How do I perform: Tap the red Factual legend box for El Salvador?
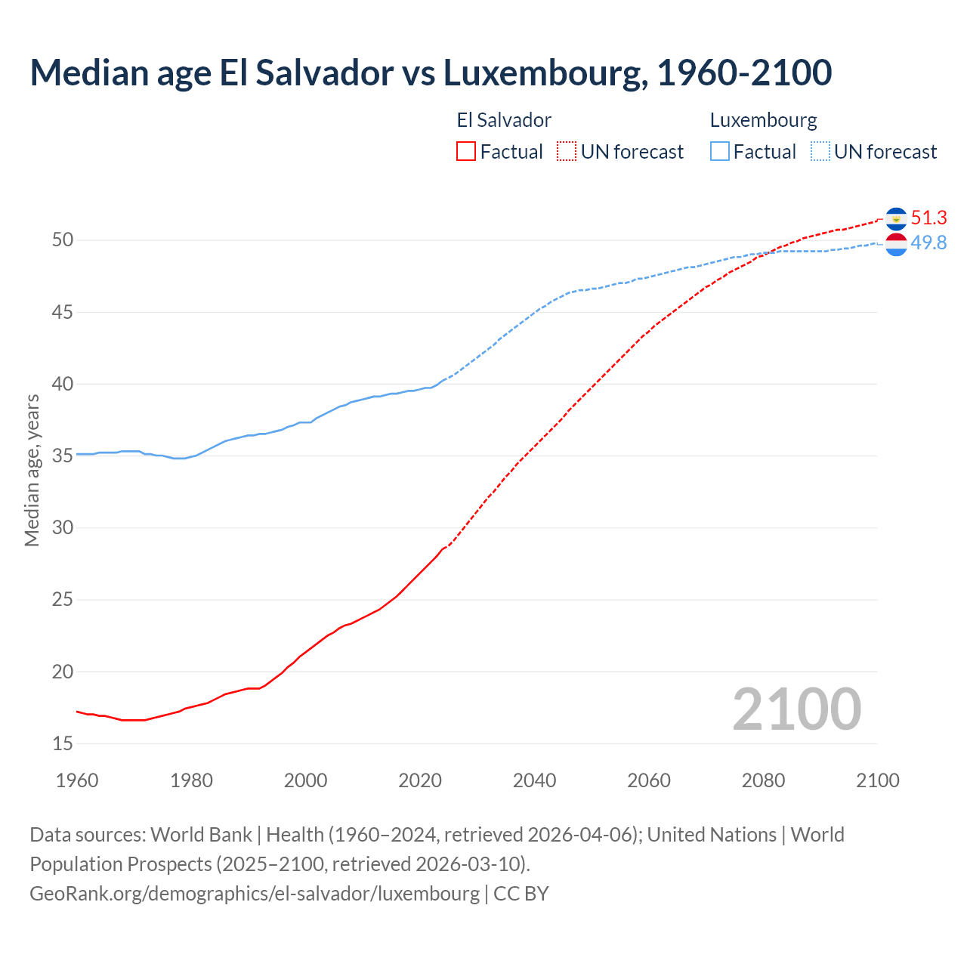click(x=466, y=151)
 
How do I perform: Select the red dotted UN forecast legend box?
click(x=567, y=151)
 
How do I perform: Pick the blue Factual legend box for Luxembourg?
click(x=720, y=151)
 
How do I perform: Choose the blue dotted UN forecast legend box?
click(x=820, y=151)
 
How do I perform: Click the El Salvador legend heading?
click(x=504, y=120)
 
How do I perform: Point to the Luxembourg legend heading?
click(x=763, y=120)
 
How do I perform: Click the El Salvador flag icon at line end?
click(x=896, y=218)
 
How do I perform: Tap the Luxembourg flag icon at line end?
click(x=896, y=244)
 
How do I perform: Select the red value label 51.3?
click(x=928, y=218)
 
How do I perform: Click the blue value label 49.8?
click(x=928, y=243)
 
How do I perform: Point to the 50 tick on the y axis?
click(x=63, y=240)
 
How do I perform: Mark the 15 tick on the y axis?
click(x=63, y=743)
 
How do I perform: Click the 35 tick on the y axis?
click(x=63, y=456)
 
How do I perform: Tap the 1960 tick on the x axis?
click(x=77, y=780)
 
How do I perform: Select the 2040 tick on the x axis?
click(x=534, y=780)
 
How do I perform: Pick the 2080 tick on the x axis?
click(x=763, y=780)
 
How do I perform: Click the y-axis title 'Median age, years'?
click(x=32, y=470)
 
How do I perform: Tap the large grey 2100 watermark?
click(x=796, y=709)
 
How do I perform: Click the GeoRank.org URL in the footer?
click(x=255, y=893)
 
